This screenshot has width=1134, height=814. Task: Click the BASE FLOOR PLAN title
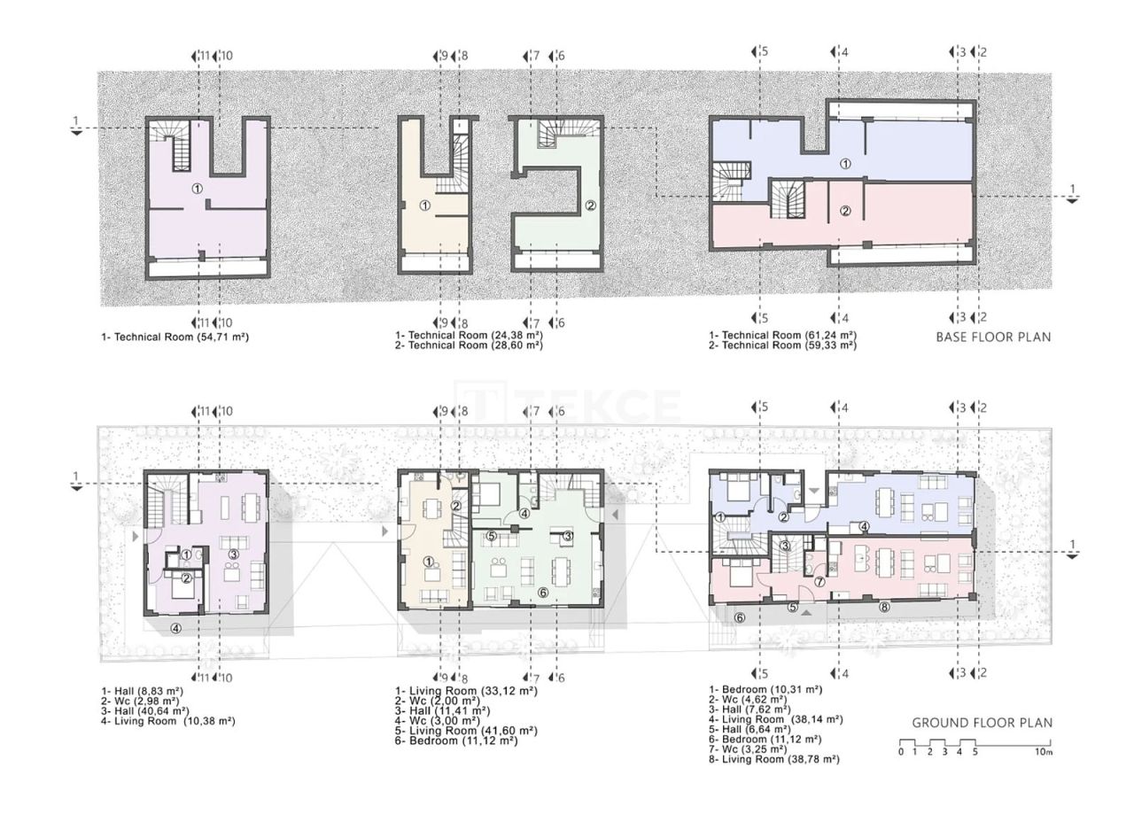pyautogui.click(x=994, y=337)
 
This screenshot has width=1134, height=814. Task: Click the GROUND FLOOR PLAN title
pyautogui.click(x=983, y=723)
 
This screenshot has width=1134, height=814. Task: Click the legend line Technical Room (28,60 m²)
pyautogui.click(x=469, y=345)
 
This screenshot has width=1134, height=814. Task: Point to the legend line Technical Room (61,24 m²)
pyautogui.click(x=782, y=336)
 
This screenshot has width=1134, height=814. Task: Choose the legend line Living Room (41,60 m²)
pyautogui.click(x=466, y=731)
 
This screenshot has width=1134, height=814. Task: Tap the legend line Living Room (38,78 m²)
pyautogui.click(x=773, y=759)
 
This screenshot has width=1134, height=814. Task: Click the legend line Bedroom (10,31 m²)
pyautogui.click(x=765, y=689)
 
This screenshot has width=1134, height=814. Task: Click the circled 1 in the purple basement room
pyautogui.click(x=197, y=189)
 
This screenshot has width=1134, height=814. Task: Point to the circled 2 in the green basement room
pyautogui.click(x=590, y=205)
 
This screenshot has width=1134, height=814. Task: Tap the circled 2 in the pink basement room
pyautogui.click(x=845, y=211)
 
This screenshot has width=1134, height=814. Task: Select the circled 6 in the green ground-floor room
pyautogui.click(x=543, y=593)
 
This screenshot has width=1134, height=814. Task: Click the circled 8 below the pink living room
pyautogui.click(x=884, y=607)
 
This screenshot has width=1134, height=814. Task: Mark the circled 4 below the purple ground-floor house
pyautogui.click(x=176, y=629)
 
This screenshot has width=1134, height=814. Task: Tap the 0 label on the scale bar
pyautogui.click(x=900, y=752)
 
